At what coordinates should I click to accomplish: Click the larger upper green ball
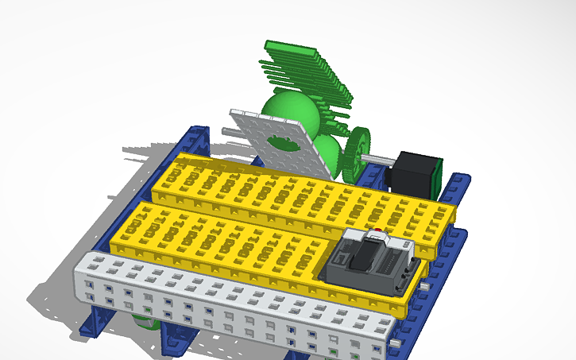[291, 115]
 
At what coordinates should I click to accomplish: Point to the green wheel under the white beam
[142, 321]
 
